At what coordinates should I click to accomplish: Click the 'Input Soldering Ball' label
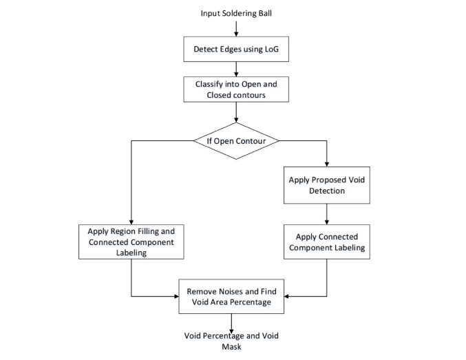[235, 13]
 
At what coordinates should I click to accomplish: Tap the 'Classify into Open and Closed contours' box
[235, 89]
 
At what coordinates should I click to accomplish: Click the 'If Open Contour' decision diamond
[235, 141]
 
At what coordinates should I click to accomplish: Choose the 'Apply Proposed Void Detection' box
[326, 185]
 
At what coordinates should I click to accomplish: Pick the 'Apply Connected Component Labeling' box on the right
[326, 241]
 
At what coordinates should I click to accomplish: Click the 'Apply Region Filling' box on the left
[131, 241]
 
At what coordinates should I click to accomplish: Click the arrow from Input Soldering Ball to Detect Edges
[235, 28]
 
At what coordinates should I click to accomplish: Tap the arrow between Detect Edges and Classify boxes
[235, 68]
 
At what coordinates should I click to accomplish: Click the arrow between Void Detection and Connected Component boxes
[326, 213]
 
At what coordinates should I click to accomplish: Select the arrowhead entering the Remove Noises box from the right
[287, 295]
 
